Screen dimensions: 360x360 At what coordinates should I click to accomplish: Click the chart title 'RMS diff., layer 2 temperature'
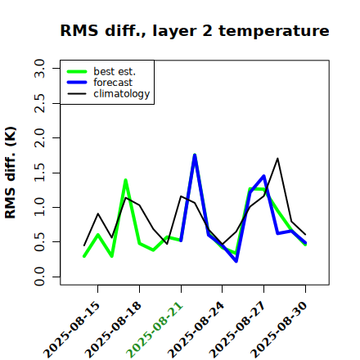pyautogui.click(x=195, y=31)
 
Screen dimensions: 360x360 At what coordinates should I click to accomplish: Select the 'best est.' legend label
pyautogui.click(x=115, y=71)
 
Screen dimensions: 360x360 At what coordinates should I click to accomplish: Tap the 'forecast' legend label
pyautogui.click(x=113, y=83)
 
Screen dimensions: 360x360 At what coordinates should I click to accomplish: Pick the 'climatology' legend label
pyautogui.click(x=122, y=94)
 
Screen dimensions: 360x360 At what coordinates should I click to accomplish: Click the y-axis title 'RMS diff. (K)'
pyautogui.click(x=11, y=173)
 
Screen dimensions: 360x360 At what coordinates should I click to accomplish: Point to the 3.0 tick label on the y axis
pyautogui.click(x=39, y=68)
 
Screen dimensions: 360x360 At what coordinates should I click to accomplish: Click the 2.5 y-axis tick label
pyautogui.click(x=39, y=103)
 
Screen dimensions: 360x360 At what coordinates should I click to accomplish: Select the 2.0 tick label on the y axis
pyautogui.click(x=39, y=137)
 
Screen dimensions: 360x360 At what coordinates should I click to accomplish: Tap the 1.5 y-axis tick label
pyautogui.click(x=39, y=173)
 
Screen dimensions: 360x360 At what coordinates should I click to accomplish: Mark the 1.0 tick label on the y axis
pyautogui.click(x=39, y=207)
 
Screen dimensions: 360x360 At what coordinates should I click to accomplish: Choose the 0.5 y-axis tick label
pyautogui.click(x=39, y=242)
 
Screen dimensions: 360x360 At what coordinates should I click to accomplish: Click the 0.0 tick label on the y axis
pyautogui.click(x=39, y=277)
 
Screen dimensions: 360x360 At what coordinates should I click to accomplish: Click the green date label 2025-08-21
pyautogui.click(x=155, y=330)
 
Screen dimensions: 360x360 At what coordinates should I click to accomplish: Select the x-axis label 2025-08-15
pyautogui.click(x=71, y=330)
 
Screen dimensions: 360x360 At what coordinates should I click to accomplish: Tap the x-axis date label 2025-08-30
pyautogui.click(x=279, y=330)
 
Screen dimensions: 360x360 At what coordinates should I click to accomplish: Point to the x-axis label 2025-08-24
pyautogui.click(x=196, y=330)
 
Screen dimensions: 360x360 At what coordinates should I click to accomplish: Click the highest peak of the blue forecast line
pyautogui.click(x=195, y=155)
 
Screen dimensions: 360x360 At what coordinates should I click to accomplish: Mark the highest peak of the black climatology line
pyautogui.click(x=277, y=158)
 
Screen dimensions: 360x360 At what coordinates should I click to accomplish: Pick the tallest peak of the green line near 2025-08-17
pyautogui.click(x=125, y=180)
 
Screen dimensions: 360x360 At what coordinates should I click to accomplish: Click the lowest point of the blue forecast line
pyautogui.click(x=236, y=262)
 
